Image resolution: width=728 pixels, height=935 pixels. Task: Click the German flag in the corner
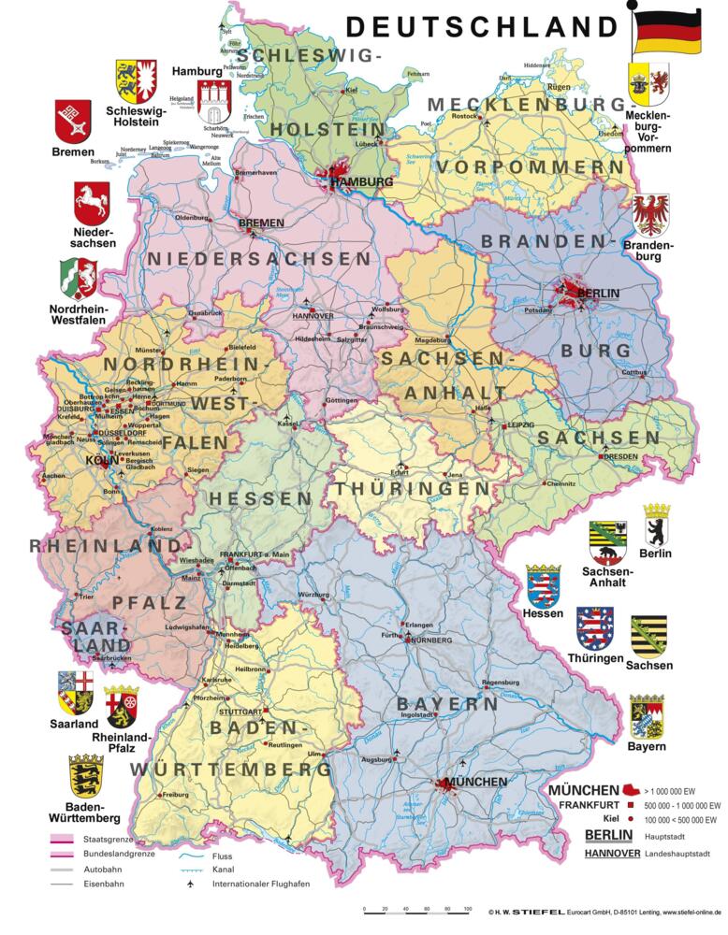coord(667,33)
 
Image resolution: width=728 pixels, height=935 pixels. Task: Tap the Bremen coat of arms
coord(73,120)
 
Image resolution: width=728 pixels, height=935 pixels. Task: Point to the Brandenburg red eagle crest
coord(650,216)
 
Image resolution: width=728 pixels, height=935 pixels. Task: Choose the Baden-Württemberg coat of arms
coord(86,775)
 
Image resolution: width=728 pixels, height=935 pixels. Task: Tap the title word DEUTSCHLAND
coord(483,25)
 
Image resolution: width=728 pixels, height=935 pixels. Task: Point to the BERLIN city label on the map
coord(599,294)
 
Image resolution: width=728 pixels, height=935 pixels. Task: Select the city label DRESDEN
coord(620,456)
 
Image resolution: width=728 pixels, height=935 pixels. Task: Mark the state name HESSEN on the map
coord(260,499)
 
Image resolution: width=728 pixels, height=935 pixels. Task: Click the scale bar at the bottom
coord(418,909)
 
